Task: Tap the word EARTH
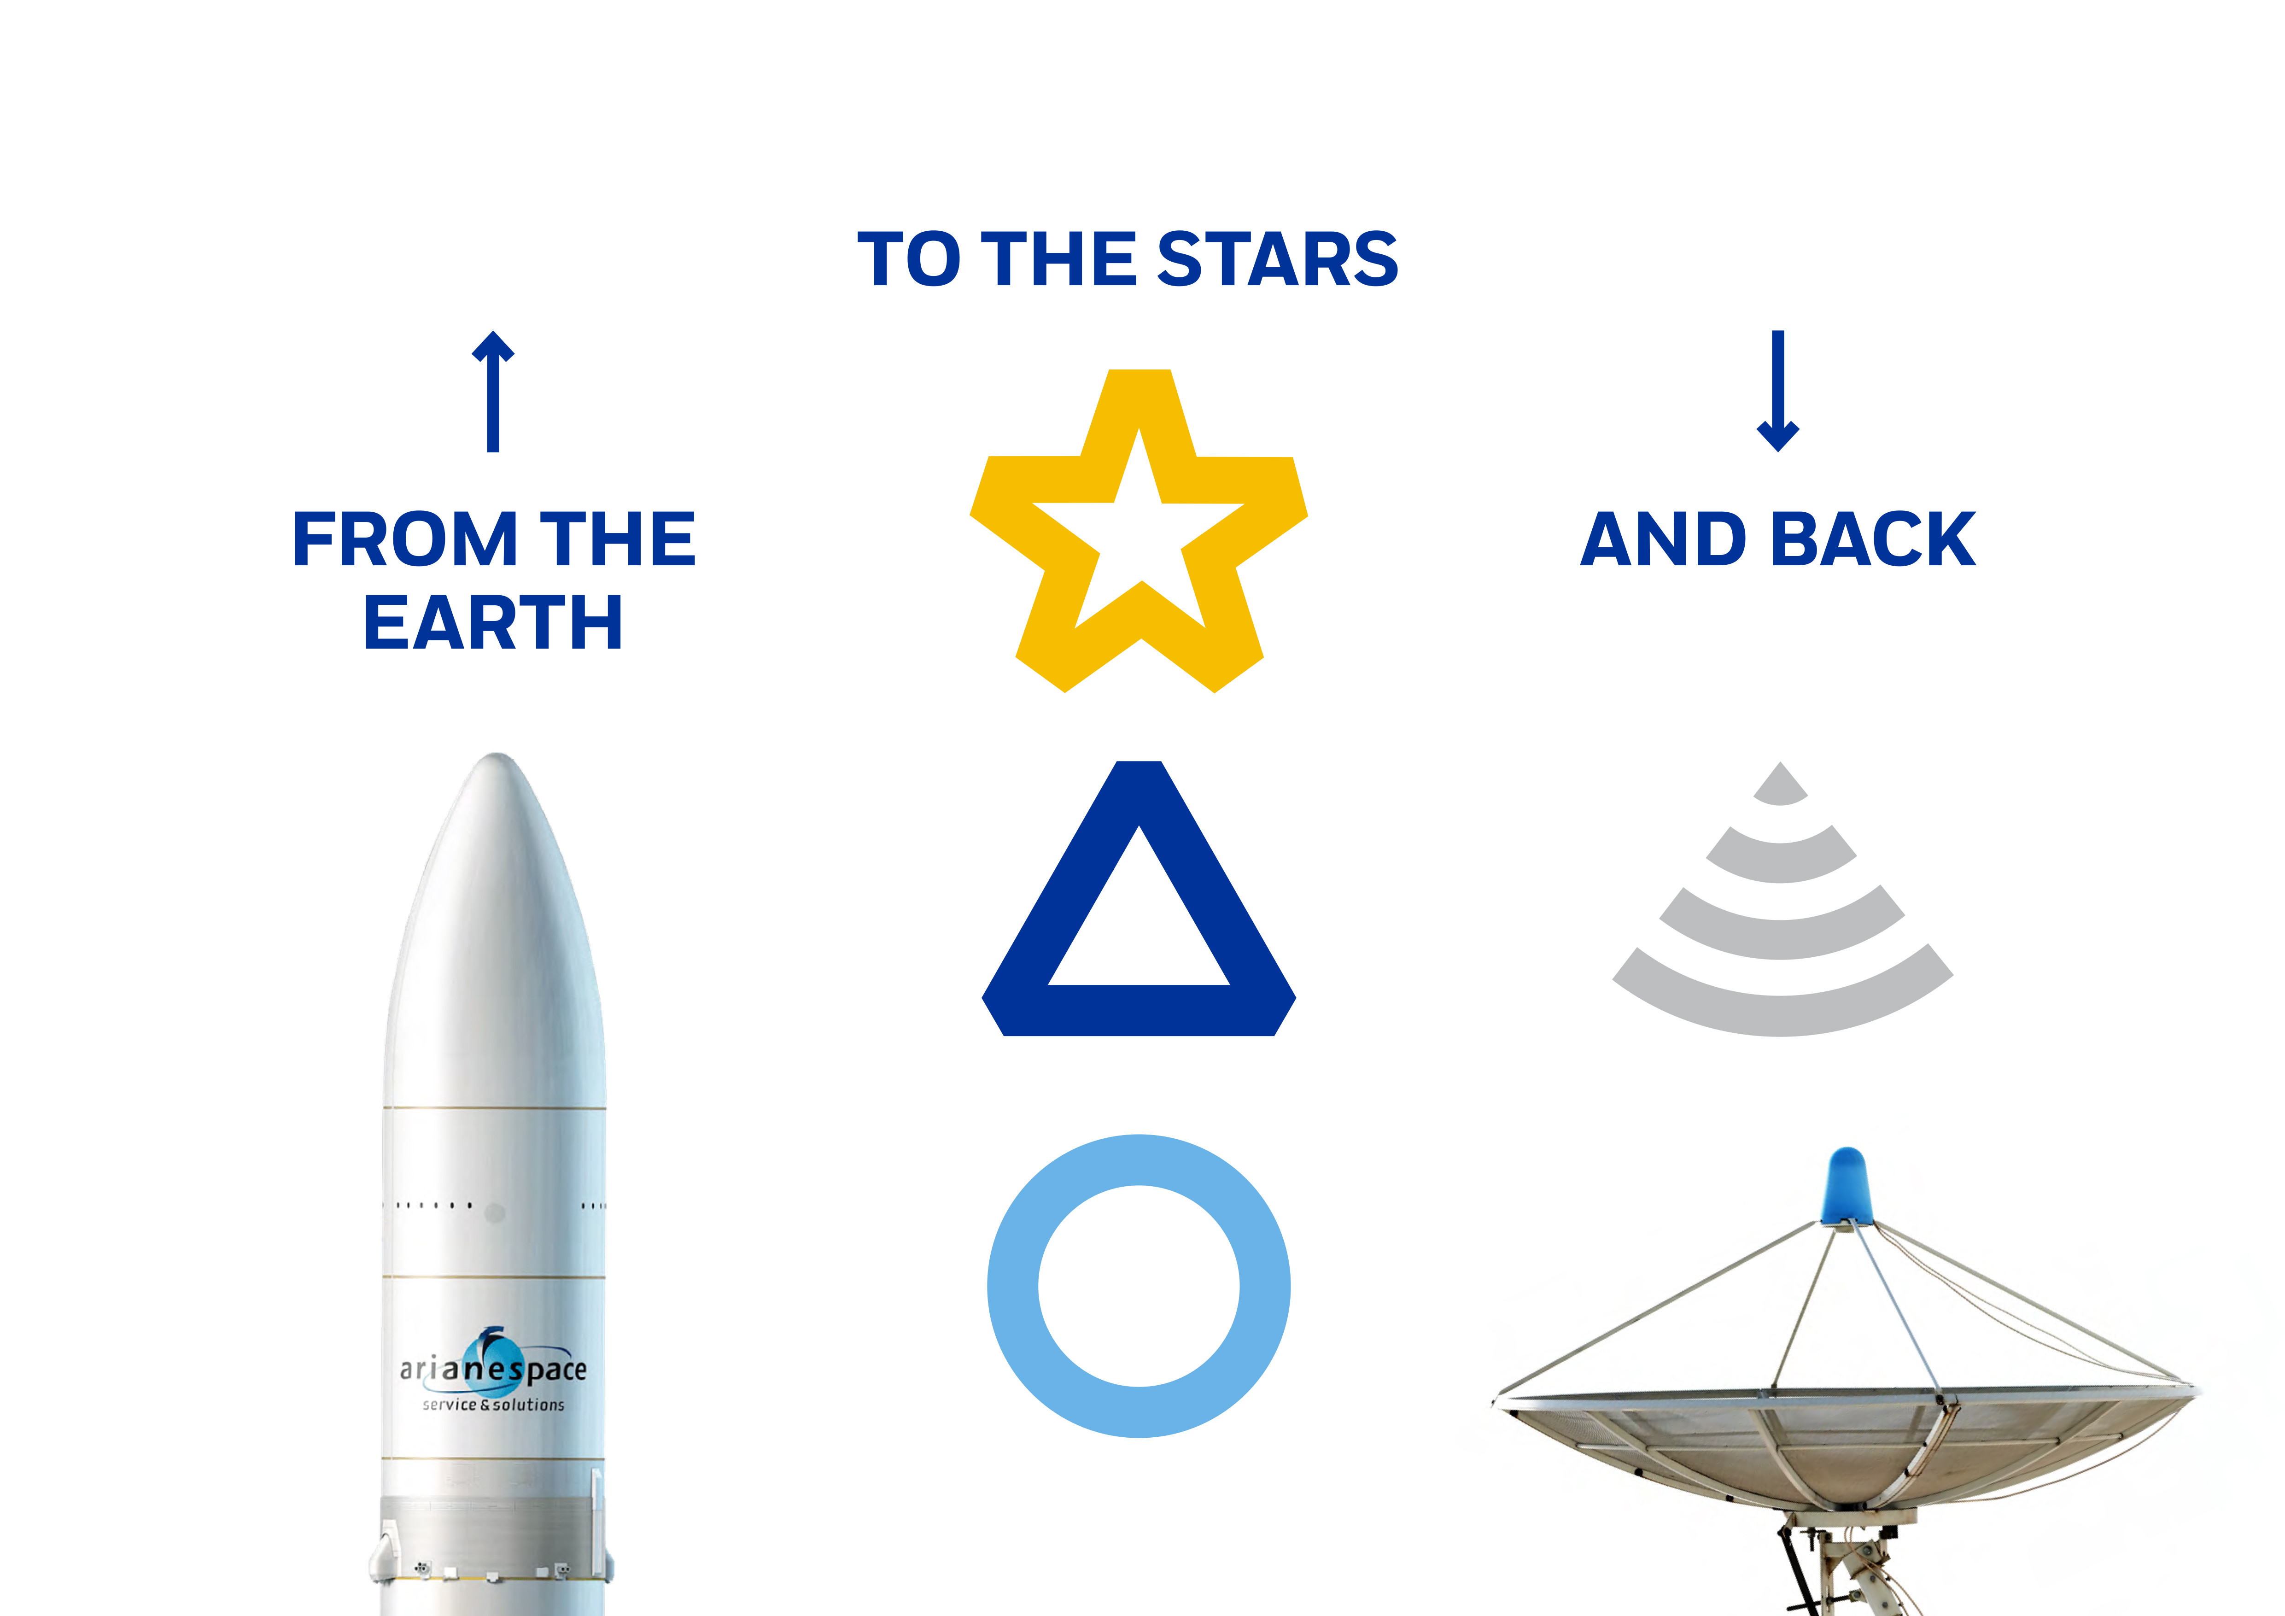pyautogui.click(x=494, y=623)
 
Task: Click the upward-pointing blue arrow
pyautogui.click(x=493, y=391)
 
